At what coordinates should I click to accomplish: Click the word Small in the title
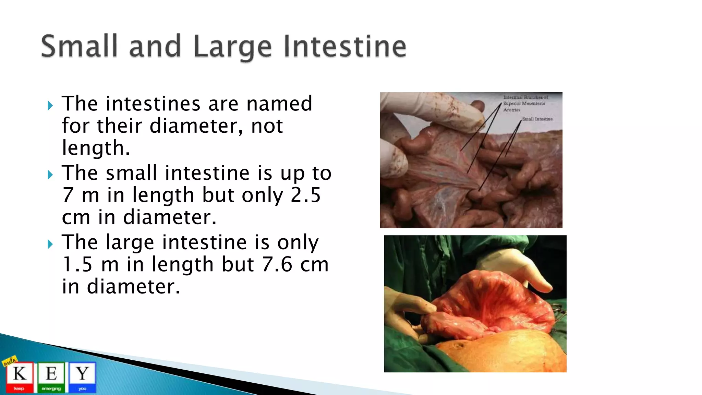79,46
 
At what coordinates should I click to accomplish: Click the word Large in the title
232,47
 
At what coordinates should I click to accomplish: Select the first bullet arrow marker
50,105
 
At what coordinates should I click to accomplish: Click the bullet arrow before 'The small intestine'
50,175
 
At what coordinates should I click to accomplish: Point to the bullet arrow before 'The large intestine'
50,244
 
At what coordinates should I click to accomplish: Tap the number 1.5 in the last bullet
77,264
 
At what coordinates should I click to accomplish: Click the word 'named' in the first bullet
279,104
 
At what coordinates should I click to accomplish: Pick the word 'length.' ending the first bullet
96,148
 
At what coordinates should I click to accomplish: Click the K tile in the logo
20,374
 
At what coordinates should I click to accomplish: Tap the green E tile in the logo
51,374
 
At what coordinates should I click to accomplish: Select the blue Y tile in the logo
82,374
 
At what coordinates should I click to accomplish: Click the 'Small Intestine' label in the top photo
537,119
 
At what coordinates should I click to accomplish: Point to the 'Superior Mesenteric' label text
524,103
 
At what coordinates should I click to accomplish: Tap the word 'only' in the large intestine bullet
298,242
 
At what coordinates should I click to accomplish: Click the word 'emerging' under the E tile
51,388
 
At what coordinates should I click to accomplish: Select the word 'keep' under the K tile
19,388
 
